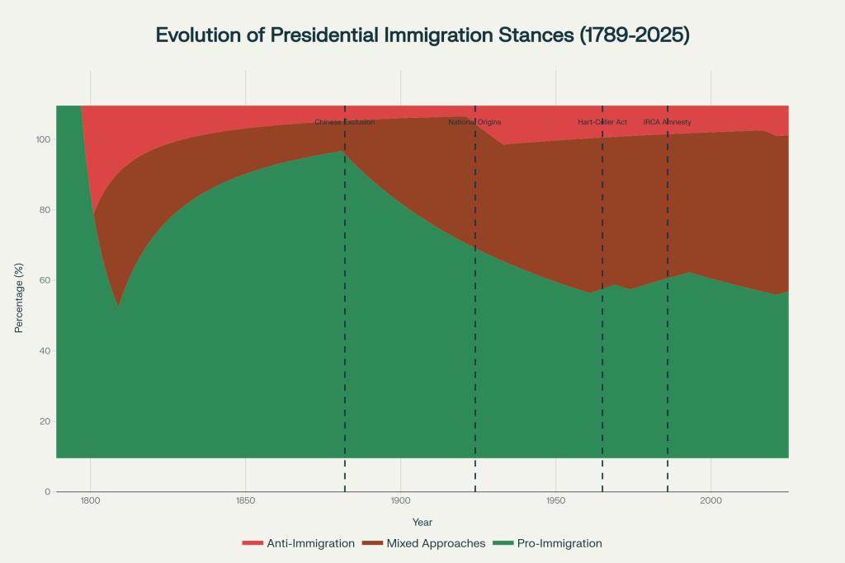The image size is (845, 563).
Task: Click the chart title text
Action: pos(422,35)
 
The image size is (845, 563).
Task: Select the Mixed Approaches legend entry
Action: pos(425,543)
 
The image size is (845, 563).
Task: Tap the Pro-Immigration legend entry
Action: pos(547,543)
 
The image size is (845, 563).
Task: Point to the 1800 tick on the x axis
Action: pos(90,500)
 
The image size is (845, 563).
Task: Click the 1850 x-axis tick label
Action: pos(245,500)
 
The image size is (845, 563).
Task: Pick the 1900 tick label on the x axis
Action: pos(400,500)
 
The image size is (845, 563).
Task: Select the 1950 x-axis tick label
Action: pos(555,500)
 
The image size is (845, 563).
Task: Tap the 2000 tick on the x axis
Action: pos(710,500)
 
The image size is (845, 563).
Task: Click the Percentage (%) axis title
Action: pos(19,298)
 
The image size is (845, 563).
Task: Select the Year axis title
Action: pos(422,522)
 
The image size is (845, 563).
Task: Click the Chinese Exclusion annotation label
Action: pos(345,122)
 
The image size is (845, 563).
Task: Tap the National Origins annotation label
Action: pos(474,122)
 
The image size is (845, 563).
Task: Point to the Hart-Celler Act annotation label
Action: pos(602,122)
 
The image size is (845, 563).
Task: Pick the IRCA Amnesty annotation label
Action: pos(667,122)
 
